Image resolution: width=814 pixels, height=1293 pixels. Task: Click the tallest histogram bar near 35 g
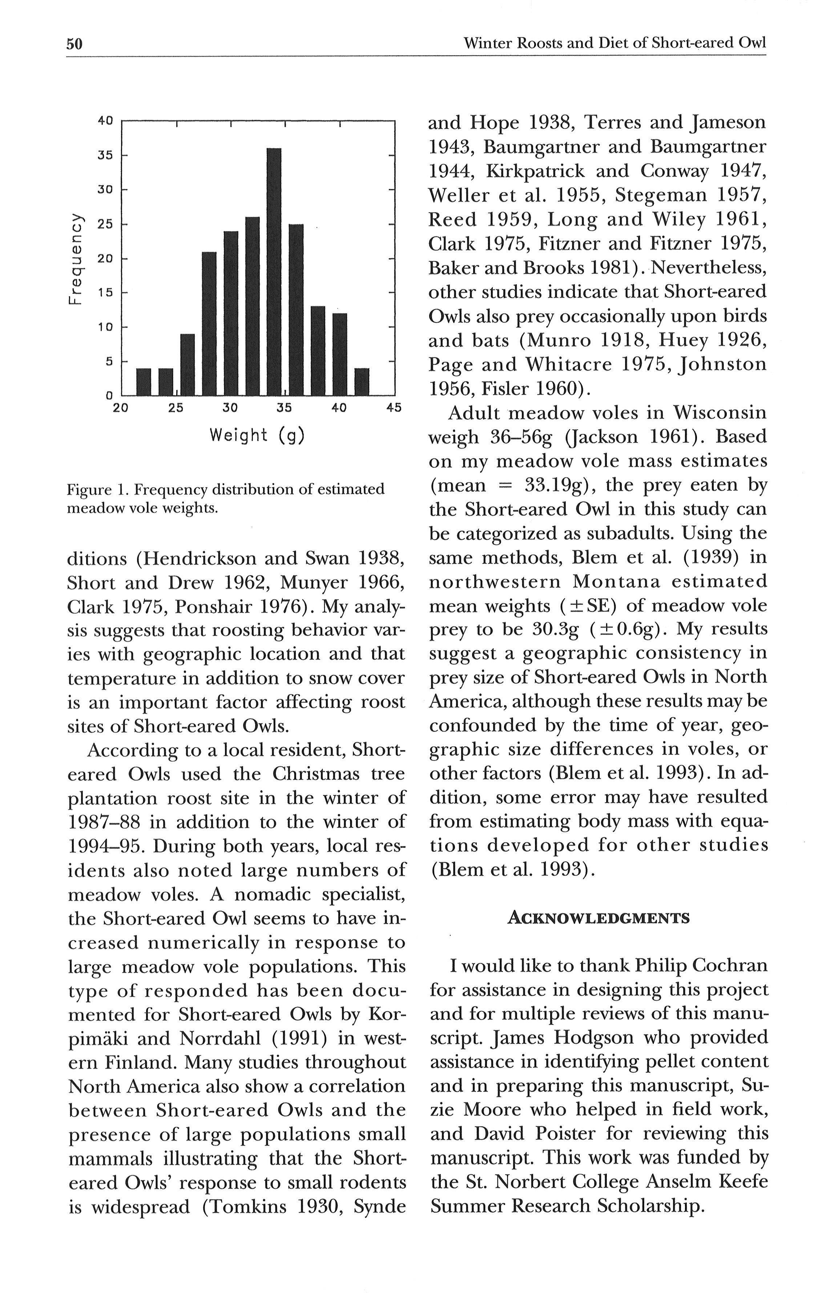point(274,271)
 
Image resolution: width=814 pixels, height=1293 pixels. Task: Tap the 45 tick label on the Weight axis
point(394,408)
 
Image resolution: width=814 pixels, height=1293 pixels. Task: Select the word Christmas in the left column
point(312,774)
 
